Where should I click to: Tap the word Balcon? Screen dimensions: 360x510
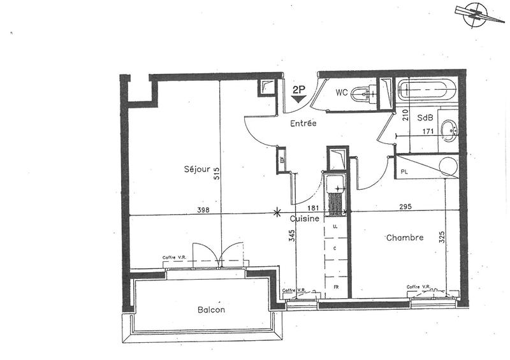[x=211, y=310]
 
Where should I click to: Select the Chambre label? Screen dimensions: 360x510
[x=404, y=238]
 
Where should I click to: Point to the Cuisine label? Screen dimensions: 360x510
[x=305, y=219]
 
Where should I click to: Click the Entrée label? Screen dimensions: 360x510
[x=303, y=123]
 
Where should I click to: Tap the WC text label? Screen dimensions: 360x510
[x=342, y=92]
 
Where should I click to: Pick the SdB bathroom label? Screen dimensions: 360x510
[x=426, y=118]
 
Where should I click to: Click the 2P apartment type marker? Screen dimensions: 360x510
[x=298, y=90]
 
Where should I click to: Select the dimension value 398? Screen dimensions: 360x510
[x=203, y=210]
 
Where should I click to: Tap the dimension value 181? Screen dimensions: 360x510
[x=314, y=208]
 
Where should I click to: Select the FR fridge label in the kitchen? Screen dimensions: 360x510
[x=335, y=287]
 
